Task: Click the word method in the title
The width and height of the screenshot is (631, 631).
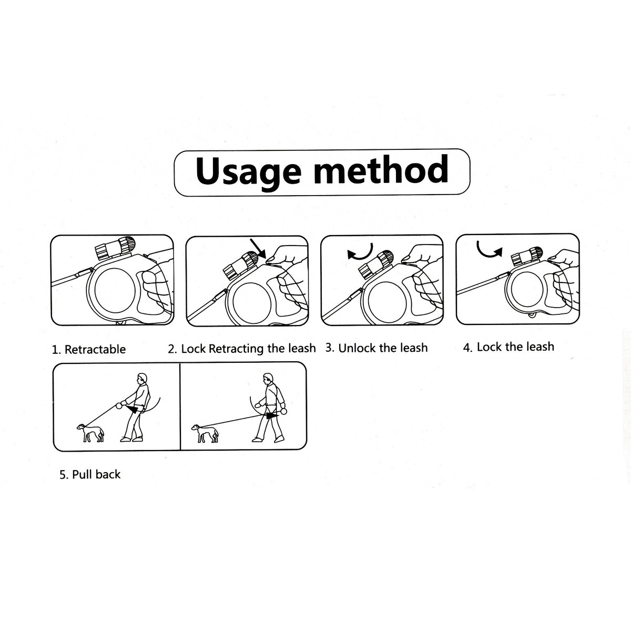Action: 381,169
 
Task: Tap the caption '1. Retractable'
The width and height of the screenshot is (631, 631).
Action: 89,349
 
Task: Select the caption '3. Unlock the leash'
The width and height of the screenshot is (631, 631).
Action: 376,348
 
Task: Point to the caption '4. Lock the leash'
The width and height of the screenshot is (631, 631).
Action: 508,347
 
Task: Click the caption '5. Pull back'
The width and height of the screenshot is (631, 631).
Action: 90,474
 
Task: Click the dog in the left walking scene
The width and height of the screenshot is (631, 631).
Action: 90,433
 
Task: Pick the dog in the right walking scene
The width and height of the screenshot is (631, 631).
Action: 205,433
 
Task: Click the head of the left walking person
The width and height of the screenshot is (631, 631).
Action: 142,379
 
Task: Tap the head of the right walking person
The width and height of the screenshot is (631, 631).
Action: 268,379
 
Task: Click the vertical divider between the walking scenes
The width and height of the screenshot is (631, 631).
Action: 180,406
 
